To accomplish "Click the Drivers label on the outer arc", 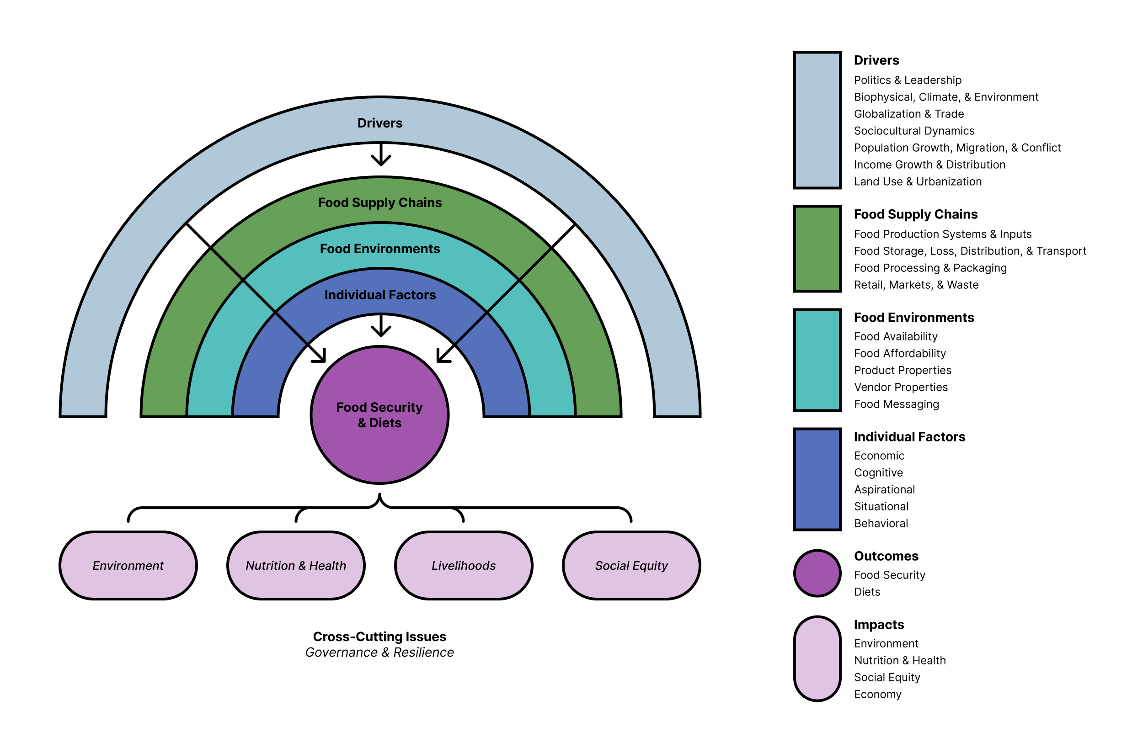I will click(x=379, y=123).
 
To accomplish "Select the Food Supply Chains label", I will click(x=379, y=202).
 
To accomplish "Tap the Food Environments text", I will click(x=379, y=249).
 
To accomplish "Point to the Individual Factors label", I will click(x=379, y=295).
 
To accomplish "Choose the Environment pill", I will click(x=128, y=566).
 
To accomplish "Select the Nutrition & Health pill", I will click(x=296, y=566).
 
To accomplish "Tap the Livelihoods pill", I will click(x=463, y=566).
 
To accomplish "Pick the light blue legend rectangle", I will click(x=817, y=120).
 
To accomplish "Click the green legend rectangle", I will click(x=817, y=249).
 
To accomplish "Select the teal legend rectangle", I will click(x=817, y=360).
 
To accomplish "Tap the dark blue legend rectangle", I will click(x=817, y=479).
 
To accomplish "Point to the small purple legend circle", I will click(x=817, y=573).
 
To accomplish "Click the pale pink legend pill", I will click(x=817, y=658).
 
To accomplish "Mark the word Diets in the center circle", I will click(x=385, y=423).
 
